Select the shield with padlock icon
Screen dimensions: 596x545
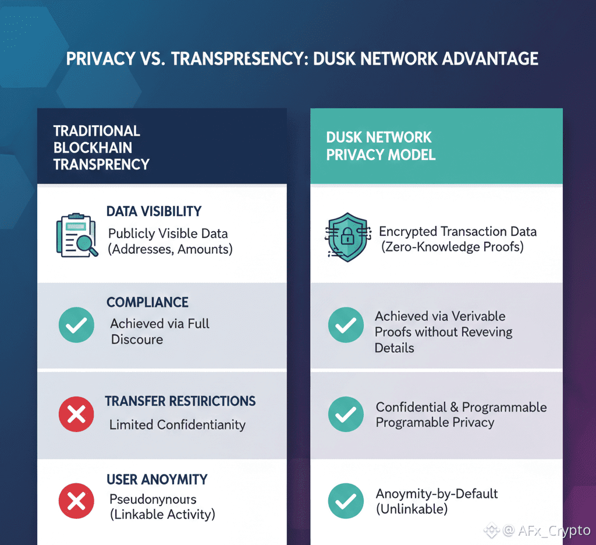[x=347, y=237]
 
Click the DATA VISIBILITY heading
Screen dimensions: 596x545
[x=154, y=211]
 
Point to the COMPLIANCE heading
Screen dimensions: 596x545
[x=147, y=302]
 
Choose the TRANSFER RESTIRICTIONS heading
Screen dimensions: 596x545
[x=180, y=401]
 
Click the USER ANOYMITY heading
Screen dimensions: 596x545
[x=157, y=480]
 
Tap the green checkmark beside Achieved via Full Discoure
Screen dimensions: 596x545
[x=76, y=325]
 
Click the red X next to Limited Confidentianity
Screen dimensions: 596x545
[x=76, y=414]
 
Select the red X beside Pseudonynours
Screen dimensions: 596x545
[x=76, y=501]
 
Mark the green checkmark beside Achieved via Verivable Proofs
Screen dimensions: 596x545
[x=346, y=325]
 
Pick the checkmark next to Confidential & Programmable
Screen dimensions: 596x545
[x=346, y=414]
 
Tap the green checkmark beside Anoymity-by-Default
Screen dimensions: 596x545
[x=346, y=501]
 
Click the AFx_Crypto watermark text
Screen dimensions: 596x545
[x=554, y=530]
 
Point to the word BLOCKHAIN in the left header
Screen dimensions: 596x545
[x=93, y=147]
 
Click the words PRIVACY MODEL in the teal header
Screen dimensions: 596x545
[x=381, y=155]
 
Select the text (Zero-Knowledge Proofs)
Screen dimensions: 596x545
[x=452, y=247]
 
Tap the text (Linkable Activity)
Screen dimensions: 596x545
[x=162, y=515]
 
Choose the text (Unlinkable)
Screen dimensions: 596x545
[x=411, y=509]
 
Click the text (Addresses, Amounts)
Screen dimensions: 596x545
[x=171, y=249]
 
